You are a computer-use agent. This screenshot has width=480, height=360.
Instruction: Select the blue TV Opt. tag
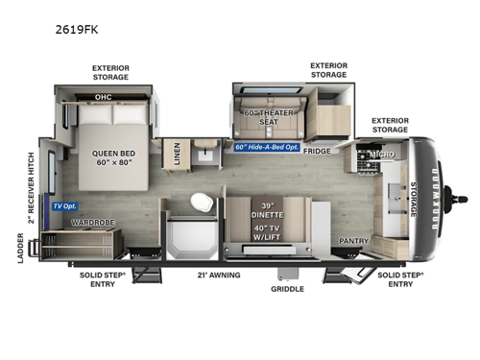coord(64,206)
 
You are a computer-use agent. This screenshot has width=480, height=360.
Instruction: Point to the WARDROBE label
coord(93,223)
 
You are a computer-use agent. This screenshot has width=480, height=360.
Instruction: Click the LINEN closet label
coord(175,154)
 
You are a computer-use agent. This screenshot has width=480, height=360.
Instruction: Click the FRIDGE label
coord(317,151)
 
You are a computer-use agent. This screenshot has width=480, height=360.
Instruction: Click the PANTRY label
coord(354,241)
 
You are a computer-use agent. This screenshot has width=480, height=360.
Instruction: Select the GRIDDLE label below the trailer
coord(287,287)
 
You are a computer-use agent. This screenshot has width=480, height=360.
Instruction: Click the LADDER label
coord(21,247)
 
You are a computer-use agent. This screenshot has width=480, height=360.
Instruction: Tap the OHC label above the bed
coord(103,96)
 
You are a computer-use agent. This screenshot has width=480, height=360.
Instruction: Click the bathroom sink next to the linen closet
coord(206,154)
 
